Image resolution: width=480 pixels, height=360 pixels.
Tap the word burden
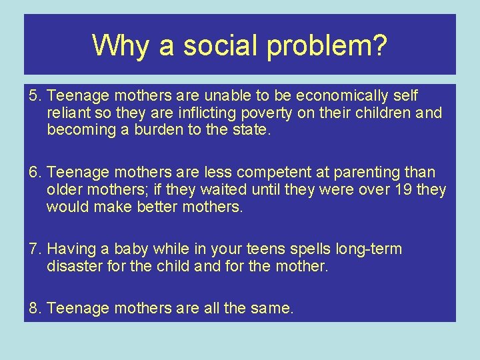(x=155, y=130)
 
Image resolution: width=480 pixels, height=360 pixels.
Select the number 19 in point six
(x=403, y=190)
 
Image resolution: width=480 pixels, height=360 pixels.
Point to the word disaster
(x=73, y=267)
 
